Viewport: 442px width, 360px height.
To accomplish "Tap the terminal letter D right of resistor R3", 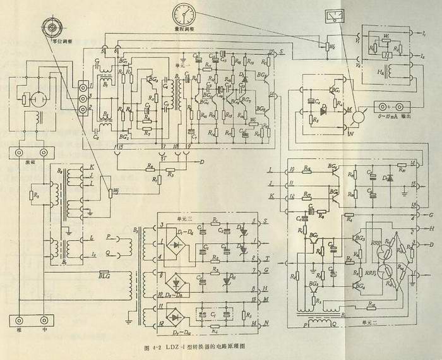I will pos(201,162).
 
